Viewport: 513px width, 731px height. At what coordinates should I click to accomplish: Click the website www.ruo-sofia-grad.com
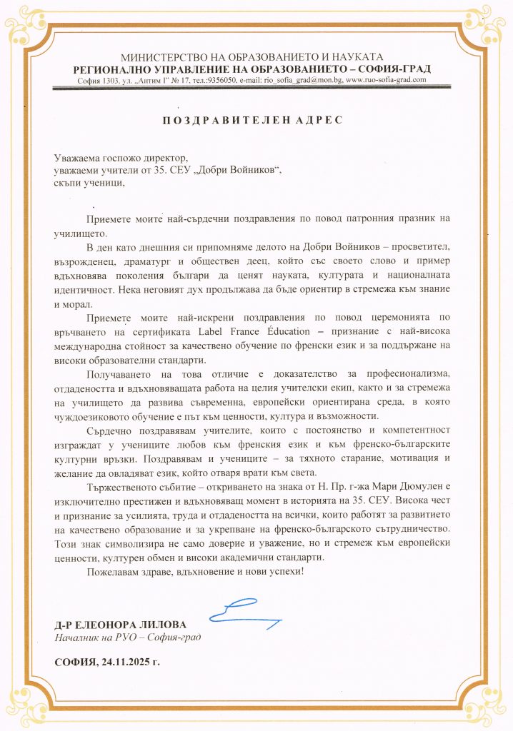(x=386, y=80)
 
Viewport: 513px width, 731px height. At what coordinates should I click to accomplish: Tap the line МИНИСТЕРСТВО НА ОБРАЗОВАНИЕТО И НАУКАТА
(x=253, y=56)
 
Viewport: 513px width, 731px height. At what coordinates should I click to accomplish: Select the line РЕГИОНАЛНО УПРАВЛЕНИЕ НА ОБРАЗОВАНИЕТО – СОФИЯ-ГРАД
(x=253, y=69)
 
